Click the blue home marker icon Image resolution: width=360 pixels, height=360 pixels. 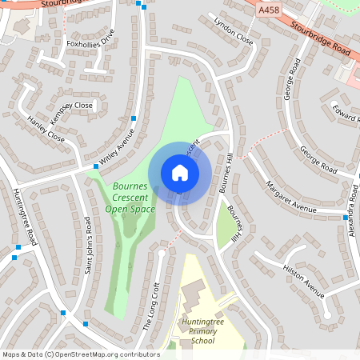[x=180, y=172]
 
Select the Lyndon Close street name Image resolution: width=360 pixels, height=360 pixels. [x=233, y=30]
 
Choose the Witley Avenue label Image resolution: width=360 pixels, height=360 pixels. [x=117, y=146]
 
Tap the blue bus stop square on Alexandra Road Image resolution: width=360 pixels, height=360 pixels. [x=346, y=218]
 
